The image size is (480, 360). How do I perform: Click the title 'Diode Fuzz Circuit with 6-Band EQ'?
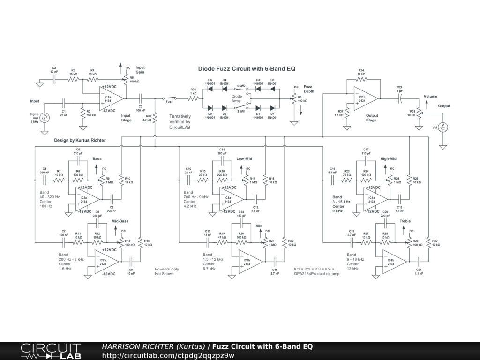pos(247,69)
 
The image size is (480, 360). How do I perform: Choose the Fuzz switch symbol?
pos(170,98)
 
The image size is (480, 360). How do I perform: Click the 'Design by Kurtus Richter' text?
pos(80,140)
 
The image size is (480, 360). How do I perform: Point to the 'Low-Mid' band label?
pos(244,158)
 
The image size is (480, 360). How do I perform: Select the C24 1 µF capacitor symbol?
pos(399,99)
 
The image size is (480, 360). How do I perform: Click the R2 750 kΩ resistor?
pos(83,114)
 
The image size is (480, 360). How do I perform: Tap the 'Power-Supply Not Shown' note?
pos(167,271)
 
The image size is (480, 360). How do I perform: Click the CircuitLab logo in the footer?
pos(50,351)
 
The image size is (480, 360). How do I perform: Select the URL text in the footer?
pos(168,355)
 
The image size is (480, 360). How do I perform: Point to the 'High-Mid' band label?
pos(389,158)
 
